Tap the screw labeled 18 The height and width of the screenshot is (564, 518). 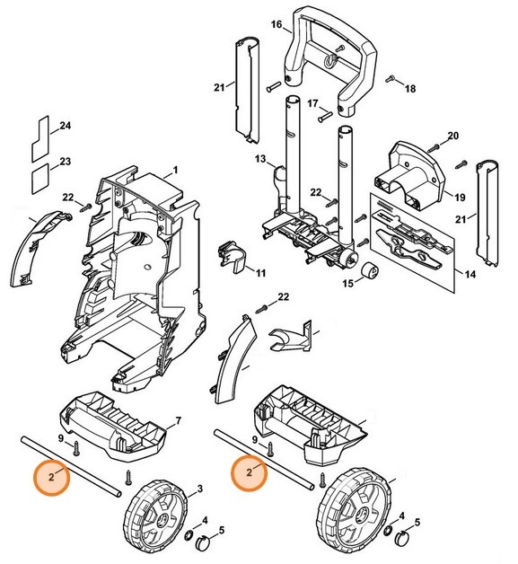(x=392, y=81)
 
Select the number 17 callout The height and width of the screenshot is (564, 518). (x=314, y=104)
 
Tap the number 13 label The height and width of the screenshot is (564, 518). (x=260, y=159)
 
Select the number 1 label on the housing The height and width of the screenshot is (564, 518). (x=176, y=169)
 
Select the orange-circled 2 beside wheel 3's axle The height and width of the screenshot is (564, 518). (x=52, y=478)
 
